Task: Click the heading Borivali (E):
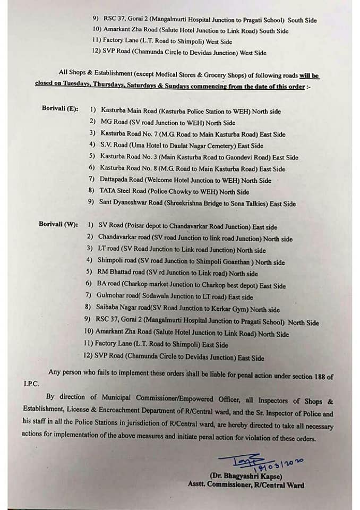click(x=60, y=109)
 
